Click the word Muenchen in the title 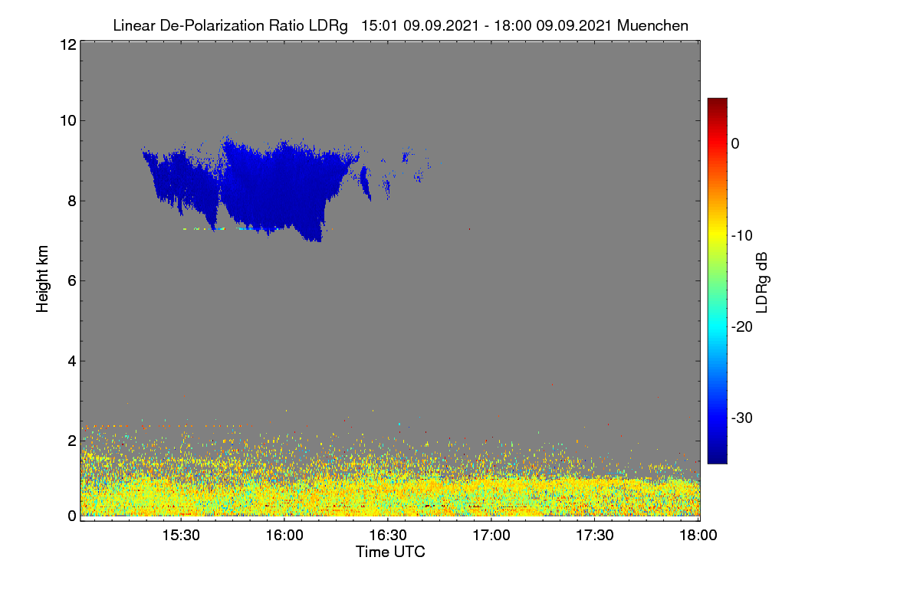pyautogui.click(x=652, y=25)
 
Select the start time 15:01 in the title pyautogui.click(x=379, y=25)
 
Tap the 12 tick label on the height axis pyautogui.click(x=68, y=44)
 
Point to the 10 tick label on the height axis pyautogui.click(x=68, y=121)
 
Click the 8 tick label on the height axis pyautogui.click(x=73, y=201)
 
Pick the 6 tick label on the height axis pyautogui.click(x=73, y=281)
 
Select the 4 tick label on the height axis pyautogui.click(x=73, y=361)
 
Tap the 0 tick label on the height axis pyautogui.click(x=73, y=516)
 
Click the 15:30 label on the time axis pyautogui.click(x=181, y=535)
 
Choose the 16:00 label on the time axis pyautogui.click(x=284, y=535)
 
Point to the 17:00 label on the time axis pyautogui.click(x=491, y=535)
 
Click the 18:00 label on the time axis pyautogui.click(x=698, y=535)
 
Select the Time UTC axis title pyautogui.click(x=390, y=552)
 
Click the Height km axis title pyautogui.click(x=42, y=279)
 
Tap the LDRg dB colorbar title pyautogui.click(x=762, y=283)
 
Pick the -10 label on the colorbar pyautogui.click(x=742, y=236)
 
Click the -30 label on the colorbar pyautogui.click(x=742, y=418)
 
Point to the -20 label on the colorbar pyautogui.click(x=742, y=327)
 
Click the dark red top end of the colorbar pyautogui.click(x=717, y=100)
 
